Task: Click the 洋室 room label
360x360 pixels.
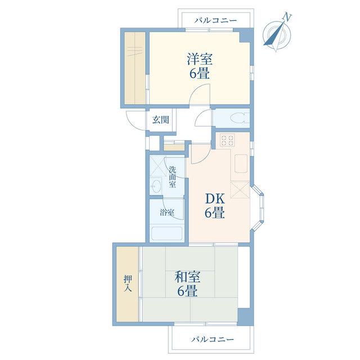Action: (x=200, y=59)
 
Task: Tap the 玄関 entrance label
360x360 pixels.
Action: (x=161, y=120)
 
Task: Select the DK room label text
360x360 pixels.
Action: (x=215, y=199)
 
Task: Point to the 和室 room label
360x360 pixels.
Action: (x=187, y=277)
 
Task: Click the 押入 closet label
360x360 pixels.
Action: (x=128, y=283)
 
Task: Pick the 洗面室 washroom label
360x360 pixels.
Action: (x=173, y=177)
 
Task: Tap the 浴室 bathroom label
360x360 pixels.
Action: (x=167, y=213)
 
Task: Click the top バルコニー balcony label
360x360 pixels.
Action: (x=215, y=20)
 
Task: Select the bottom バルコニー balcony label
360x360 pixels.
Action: (x=213, y=339)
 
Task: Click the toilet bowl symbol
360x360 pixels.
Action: (x=239, y=119)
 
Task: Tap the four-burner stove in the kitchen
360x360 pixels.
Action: (x=227, y=140)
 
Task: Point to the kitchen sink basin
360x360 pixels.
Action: (x=241, y=163)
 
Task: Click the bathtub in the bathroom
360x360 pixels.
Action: (x=167, y=234)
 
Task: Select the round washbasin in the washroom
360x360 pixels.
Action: (x=156, y=186)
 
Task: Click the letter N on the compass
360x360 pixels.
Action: (x=287, y=17)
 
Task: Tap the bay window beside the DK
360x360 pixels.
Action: (x=259, y=207)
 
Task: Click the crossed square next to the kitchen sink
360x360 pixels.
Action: (x=240, y=190)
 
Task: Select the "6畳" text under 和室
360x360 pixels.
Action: (x=187, y=291)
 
